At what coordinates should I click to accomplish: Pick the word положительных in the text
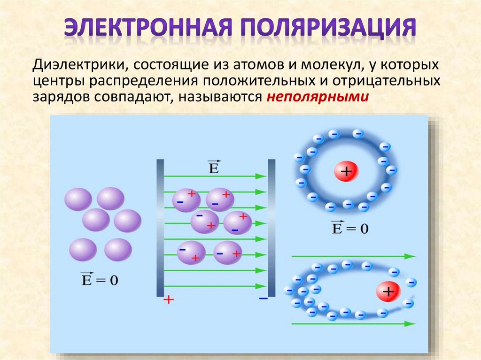(257, 81)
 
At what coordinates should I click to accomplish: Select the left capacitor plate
(160, 228)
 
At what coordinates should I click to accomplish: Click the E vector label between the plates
(214, 167)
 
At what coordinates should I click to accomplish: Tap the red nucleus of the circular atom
(346, 172)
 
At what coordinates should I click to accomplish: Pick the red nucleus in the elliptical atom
(388, 292)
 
